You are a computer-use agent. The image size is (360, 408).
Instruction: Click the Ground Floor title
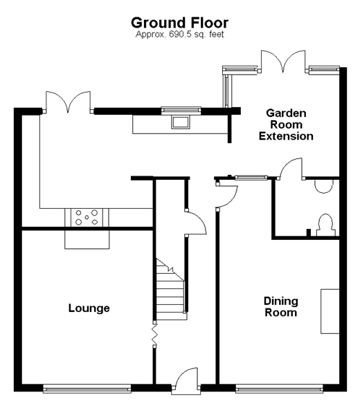coord(180,23)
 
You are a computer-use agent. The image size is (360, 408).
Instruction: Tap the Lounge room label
coord(89,308)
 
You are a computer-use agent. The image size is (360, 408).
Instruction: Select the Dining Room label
coord(281,306)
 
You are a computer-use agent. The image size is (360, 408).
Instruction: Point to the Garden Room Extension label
coord(286,124)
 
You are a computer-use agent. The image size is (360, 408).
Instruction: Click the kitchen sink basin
coord(180,122)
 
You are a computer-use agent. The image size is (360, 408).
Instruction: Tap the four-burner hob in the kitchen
coord(87,217)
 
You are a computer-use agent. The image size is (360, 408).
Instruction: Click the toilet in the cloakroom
coord(326,225)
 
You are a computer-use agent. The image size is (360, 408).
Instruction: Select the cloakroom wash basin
coord(324,187)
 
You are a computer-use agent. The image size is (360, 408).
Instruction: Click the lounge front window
coord(87,389)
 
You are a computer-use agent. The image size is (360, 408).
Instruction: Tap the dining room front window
coord(279,389)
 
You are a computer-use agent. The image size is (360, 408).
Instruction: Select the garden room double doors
coord(283,61)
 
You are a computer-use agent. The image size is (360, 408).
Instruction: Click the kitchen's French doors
coord(68,102)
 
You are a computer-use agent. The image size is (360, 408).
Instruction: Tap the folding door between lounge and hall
coord(154,335)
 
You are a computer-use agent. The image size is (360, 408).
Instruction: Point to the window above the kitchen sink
coord(181,111)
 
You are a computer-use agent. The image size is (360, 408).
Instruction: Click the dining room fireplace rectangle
coord(330,311)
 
